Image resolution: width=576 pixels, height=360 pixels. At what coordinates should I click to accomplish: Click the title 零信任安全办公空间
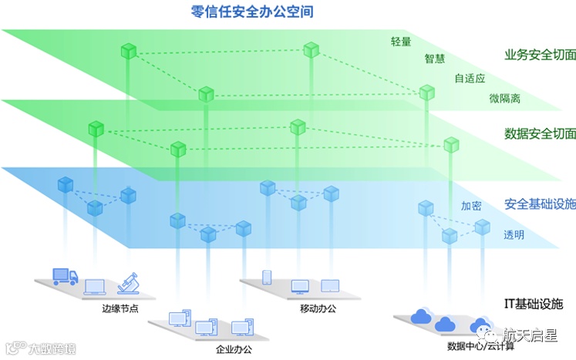251,12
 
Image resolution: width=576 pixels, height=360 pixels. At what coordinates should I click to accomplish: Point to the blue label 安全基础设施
540,204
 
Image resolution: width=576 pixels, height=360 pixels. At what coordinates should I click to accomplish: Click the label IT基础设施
534,303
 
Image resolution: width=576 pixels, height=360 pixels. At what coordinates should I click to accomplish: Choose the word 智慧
436,59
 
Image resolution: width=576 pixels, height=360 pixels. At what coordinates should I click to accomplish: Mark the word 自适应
470,78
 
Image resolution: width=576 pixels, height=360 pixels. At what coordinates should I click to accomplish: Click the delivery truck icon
65,276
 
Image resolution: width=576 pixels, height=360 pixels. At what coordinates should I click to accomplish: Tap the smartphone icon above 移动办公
268,277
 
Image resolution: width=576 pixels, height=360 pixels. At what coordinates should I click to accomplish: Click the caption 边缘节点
120,309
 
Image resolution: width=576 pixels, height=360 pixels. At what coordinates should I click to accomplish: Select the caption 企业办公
234,349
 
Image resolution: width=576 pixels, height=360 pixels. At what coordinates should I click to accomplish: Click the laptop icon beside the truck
95,287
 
